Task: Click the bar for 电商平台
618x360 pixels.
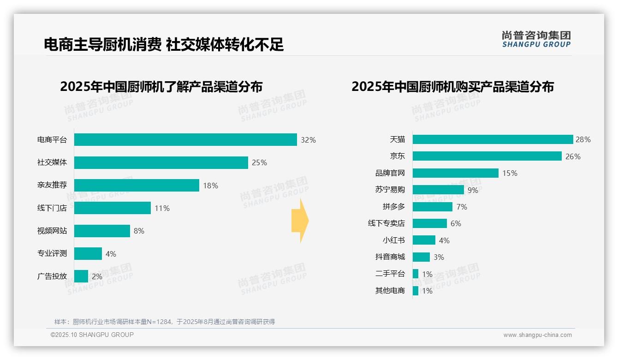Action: tap(185, 139)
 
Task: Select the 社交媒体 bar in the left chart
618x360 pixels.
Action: tap(161, 162)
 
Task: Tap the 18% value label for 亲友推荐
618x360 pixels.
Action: tap(210, 186)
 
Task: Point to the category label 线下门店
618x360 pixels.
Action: tap(52, 208)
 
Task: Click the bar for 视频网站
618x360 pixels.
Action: tap(102, 231)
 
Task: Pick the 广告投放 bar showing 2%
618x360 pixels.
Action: tap(81, 276)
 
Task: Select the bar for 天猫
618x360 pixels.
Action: tap(493, 139)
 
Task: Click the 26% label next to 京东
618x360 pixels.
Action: tap(573, 156)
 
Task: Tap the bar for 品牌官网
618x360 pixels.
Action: tap(456, 173)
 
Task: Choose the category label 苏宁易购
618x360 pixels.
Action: tap(390, 190)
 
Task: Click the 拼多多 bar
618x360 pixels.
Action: tap(433, 207)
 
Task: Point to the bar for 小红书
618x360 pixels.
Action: tap(424, 240)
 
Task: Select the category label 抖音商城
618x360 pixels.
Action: tap(390, 257)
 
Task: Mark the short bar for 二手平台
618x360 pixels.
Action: tap(416, 274)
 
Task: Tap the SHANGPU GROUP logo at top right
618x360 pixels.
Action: tap(536, 39)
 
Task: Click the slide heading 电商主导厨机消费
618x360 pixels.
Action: tap(102, 44)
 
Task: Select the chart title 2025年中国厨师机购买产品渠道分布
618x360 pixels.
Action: tap(452, 87)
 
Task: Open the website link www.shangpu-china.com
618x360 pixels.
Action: tap(537, 335)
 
